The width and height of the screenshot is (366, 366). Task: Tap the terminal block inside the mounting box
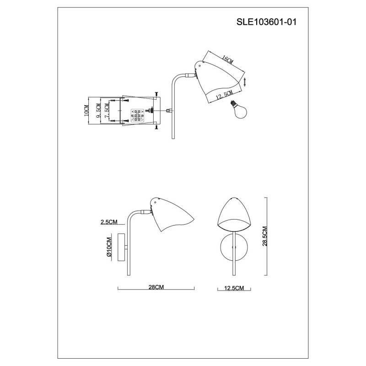137,113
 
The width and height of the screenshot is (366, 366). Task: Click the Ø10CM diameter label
109,248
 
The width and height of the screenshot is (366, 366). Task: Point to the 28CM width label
156,287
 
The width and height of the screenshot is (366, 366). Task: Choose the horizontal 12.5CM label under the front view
234,288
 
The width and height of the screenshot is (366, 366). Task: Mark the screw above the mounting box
157,93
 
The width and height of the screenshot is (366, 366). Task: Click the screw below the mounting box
157,128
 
